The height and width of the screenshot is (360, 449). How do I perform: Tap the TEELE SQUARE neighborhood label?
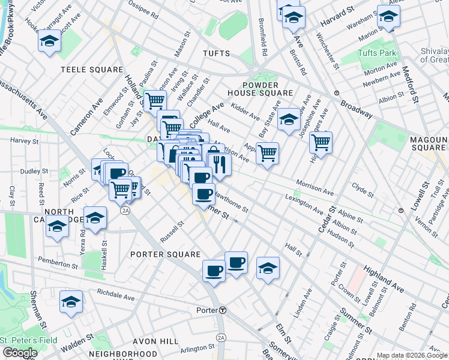coord(91,70)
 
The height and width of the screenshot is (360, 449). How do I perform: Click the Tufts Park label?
coord(377,53)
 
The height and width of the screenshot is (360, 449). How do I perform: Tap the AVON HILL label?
coord(150,341)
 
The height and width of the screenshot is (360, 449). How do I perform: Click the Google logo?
coord(20,353)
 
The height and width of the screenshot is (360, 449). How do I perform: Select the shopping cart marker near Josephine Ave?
coord(321,143)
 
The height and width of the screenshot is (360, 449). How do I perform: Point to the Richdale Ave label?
coord(116,296)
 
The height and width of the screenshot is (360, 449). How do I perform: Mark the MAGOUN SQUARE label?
coord(427,143)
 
